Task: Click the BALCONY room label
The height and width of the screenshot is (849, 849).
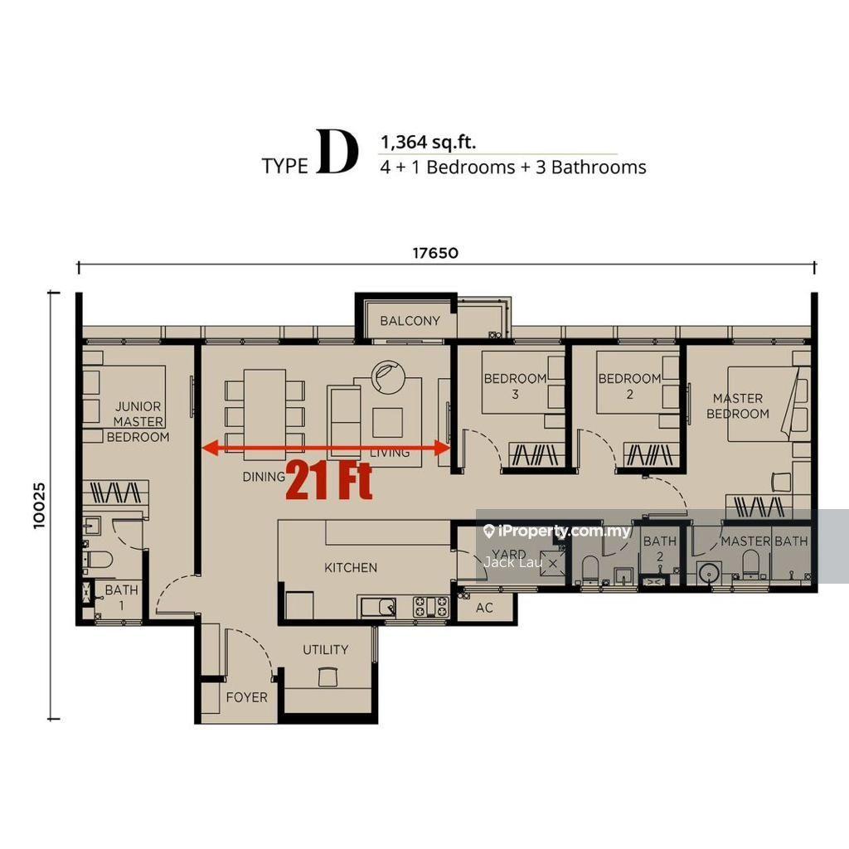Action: point(410,321)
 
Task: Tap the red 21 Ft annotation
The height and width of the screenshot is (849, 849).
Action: point(329,480)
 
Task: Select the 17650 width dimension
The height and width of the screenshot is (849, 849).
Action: point(435,253)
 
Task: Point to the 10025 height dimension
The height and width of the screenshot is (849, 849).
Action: point(40,506)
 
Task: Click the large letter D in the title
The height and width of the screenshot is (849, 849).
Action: point(337,153)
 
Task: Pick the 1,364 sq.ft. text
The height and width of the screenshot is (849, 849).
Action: point(429,143)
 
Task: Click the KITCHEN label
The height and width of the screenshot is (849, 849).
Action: point(351,567)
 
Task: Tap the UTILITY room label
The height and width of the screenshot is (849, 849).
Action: point(325,649)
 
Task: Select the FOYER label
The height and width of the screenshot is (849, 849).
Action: point(247,696)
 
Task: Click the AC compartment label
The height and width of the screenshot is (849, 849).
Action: point(484,608)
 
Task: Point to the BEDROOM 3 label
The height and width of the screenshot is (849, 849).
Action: point(516,386)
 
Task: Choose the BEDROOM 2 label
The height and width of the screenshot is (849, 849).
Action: point(630,386)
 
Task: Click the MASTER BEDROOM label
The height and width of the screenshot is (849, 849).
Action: point(737,406)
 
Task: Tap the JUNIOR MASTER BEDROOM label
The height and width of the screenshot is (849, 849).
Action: point(138,421)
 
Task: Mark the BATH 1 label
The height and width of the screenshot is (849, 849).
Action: point(121,597)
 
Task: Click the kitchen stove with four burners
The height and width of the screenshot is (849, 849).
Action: point(431,606)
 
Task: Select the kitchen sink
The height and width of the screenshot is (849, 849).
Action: point(378,606)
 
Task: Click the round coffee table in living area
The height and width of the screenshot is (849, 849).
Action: point(388,377)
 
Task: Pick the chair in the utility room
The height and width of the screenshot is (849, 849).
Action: point(327,677)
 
